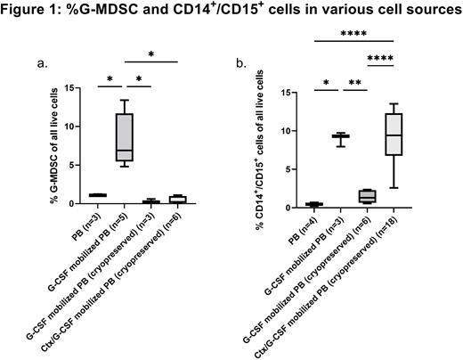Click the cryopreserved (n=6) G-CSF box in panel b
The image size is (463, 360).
coord(364,197)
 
